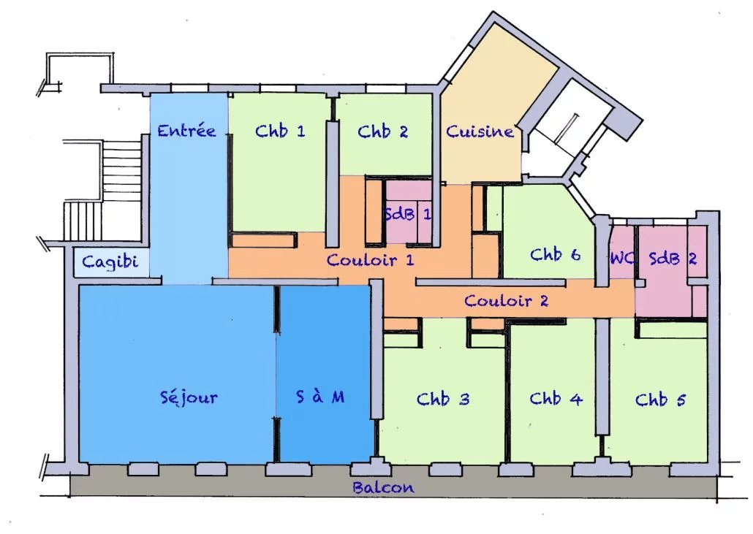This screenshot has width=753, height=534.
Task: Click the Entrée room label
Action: click(187, 131)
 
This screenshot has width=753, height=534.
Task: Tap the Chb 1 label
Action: click(280, 131)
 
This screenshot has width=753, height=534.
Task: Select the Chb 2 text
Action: click(383, 131)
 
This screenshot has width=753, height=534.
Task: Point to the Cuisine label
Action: click(480, 131)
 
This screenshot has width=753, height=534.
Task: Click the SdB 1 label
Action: click(408, 214)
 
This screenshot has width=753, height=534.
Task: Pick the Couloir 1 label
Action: click(370, 260)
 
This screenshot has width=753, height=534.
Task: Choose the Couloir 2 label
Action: click(506, 301)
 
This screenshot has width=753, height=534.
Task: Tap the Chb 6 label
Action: click(556, 254)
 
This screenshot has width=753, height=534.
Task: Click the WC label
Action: click(622, 259)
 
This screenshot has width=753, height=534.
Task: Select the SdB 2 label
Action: click(673, 259)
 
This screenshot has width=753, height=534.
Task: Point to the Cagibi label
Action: click(110, 262)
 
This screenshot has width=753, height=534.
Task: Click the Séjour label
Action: click(189, 397)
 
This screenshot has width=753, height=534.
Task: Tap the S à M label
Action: click(320, 397)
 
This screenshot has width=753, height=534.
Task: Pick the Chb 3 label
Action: click(443, 399)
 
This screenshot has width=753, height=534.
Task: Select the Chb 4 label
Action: click(556, 398)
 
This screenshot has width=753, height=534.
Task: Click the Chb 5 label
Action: click(660, 399)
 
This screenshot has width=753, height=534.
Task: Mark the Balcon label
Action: click(383, 487)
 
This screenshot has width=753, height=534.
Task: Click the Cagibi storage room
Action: click(111, 262)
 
